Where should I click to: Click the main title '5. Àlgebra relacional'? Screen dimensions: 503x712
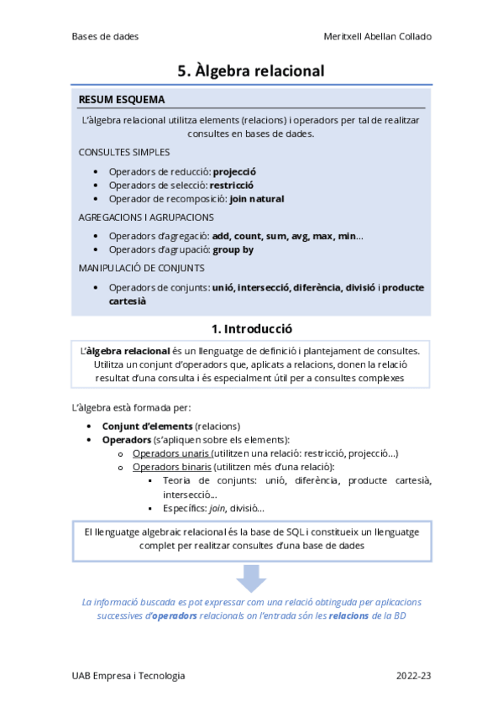point(251,71)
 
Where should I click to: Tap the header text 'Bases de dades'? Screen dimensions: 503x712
point(105,36)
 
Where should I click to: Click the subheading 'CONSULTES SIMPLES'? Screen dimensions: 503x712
point(124,152)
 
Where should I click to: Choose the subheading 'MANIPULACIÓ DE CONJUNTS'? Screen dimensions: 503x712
point(141,268)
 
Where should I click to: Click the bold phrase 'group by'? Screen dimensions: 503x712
point(233,249)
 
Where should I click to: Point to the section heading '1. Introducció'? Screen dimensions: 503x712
point(251,328)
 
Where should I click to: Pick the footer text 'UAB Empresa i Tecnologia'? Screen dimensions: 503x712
point(128,675)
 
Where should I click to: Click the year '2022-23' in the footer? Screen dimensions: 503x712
point(413,675)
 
